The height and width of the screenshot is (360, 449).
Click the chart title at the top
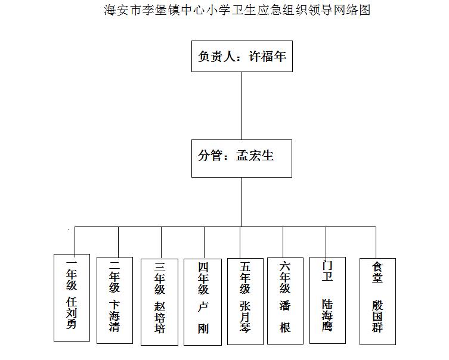coord(237,10)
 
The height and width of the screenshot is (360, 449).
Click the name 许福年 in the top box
coord(268,56)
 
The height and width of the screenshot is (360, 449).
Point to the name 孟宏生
coord(255,156)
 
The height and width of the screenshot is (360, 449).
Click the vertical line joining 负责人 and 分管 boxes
coord(241,106)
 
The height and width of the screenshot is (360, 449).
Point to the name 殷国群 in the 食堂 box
coord(377,316)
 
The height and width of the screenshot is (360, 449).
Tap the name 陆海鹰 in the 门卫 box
coord(327,315)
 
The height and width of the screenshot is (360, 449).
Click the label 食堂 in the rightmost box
coord(377,272)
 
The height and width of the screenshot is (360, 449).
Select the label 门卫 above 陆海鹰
coord(327,271)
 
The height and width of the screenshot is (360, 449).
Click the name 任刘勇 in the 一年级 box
coord(72,313)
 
